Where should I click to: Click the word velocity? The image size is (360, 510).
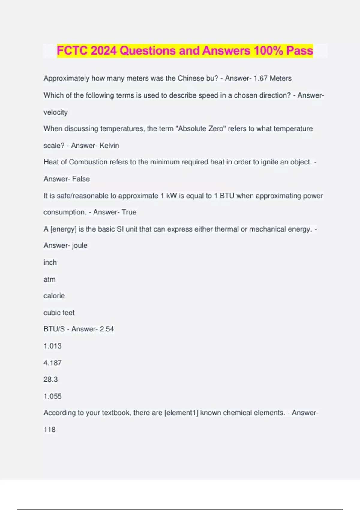55,112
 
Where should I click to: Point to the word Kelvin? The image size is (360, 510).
109,145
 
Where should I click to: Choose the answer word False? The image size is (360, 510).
81,179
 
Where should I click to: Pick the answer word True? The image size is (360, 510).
129,212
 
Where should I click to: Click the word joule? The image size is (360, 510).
80,245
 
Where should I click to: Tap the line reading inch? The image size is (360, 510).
50,262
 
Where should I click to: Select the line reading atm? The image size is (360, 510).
49,279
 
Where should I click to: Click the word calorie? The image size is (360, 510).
54,296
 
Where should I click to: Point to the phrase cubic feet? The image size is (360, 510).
59,313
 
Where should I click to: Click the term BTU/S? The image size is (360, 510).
54,329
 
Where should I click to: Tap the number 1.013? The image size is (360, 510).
52,346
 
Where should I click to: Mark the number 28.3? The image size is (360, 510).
50,379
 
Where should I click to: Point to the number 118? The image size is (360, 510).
49,430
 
